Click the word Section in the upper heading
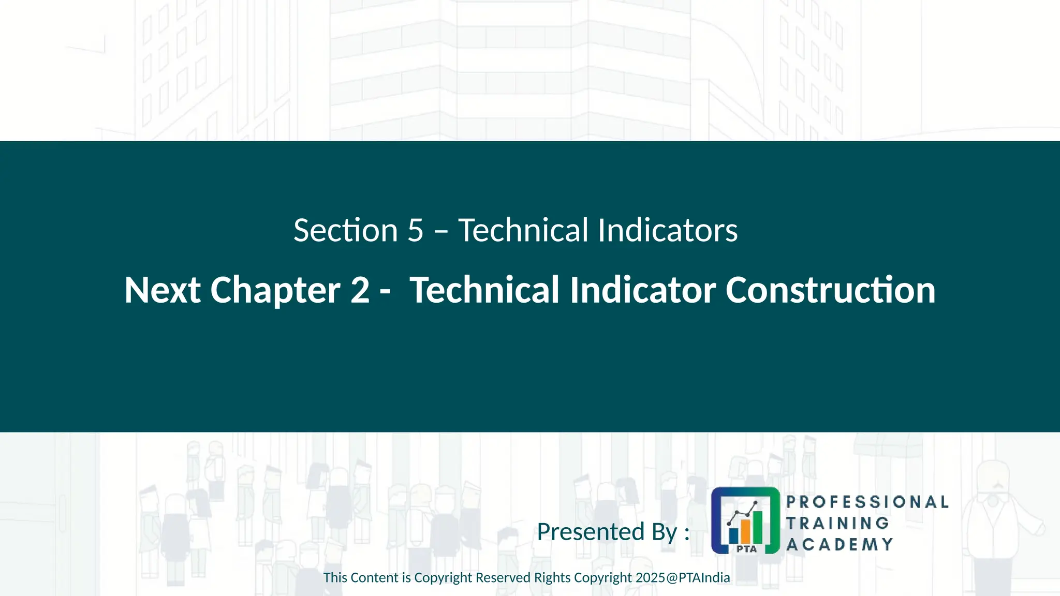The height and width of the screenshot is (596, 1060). (x=345, y=230)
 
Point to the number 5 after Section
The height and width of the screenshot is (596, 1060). (x=415, y=230)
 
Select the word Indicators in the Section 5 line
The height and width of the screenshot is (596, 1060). (x=668, y=230)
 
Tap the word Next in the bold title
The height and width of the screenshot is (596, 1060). (x=162, y=290)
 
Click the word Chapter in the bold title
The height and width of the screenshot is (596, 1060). (x=275, y=291)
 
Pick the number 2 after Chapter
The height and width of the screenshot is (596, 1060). (x=360, y=290)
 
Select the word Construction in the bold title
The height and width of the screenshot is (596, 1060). (x=830, y=290)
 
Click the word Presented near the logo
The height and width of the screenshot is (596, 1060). (x=591, y=532)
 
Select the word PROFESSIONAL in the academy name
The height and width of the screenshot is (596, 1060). (x=867, y=502)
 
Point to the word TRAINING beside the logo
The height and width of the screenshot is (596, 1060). (x=837, y=523)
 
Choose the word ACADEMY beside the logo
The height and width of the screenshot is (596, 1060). (x=840, y=544)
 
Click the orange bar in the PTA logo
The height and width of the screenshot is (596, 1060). (x=745, y=530)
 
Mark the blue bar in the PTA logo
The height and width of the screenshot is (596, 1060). (x=733, y=535)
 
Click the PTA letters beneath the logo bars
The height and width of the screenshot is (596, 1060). (x=746, y=549)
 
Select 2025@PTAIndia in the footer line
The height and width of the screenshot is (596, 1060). (x=683, y=578)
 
